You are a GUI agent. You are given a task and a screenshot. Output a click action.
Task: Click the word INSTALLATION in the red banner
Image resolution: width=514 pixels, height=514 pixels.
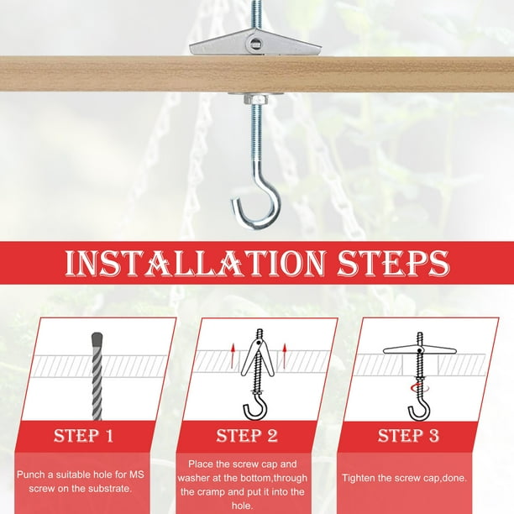click(x=196, y=263)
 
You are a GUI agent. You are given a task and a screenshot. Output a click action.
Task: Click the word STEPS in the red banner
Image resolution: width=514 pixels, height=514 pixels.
click(x=394, y=263)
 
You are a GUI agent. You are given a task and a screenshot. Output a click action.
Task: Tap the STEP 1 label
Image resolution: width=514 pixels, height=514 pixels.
click(x=83, y=436)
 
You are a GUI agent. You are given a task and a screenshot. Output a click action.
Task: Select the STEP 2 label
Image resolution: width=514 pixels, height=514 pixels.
click(x=247, y=436)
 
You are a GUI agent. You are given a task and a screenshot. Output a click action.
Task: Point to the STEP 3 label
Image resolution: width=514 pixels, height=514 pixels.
click(x=408, y=436)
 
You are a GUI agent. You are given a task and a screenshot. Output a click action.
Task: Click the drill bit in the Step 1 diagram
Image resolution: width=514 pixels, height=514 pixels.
click(x=97, y=376)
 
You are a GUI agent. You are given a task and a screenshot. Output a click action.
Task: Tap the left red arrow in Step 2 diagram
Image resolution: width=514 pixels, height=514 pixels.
click(x=233, y=355)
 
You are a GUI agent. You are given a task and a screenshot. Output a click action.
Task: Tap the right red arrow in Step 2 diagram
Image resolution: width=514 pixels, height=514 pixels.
click(x=285, y=355)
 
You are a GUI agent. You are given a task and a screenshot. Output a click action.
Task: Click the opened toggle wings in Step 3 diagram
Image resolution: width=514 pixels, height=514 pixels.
click(x=420, y=349)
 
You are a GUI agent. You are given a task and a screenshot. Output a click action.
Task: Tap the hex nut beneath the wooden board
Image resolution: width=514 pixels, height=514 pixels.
click(x=255, y=98)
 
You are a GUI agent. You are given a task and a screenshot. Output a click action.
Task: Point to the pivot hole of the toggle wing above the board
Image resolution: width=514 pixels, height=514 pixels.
click(x=254, y=43)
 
